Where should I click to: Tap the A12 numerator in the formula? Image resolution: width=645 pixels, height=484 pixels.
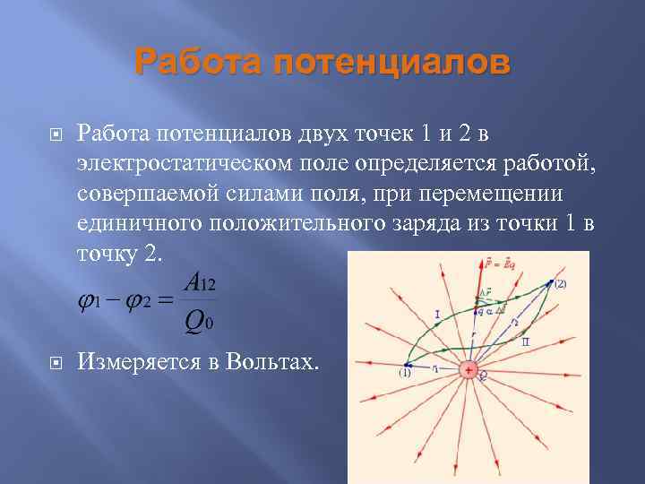tap(200, 283)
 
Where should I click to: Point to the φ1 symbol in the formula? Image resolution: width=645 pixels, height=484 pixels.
tap(88, 302)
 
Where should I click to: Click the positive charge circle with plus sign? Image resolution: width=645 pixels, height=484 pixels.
tap(468, 369)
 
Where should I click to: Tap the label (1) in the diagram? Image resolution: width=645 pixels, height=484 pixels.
tap(405, 375)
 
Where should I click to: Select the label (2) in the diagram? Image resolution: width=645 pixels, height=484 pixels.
tap(560, 284)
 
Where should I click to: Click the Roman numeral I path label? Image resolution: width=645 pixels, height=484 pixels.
tap(435, 315)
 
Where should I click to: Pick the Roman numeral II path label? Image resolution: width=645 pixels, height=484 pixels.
tap(525, 342)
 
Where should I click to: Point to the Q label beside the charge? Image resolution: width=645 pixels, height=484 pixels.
tap(481, 377)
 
